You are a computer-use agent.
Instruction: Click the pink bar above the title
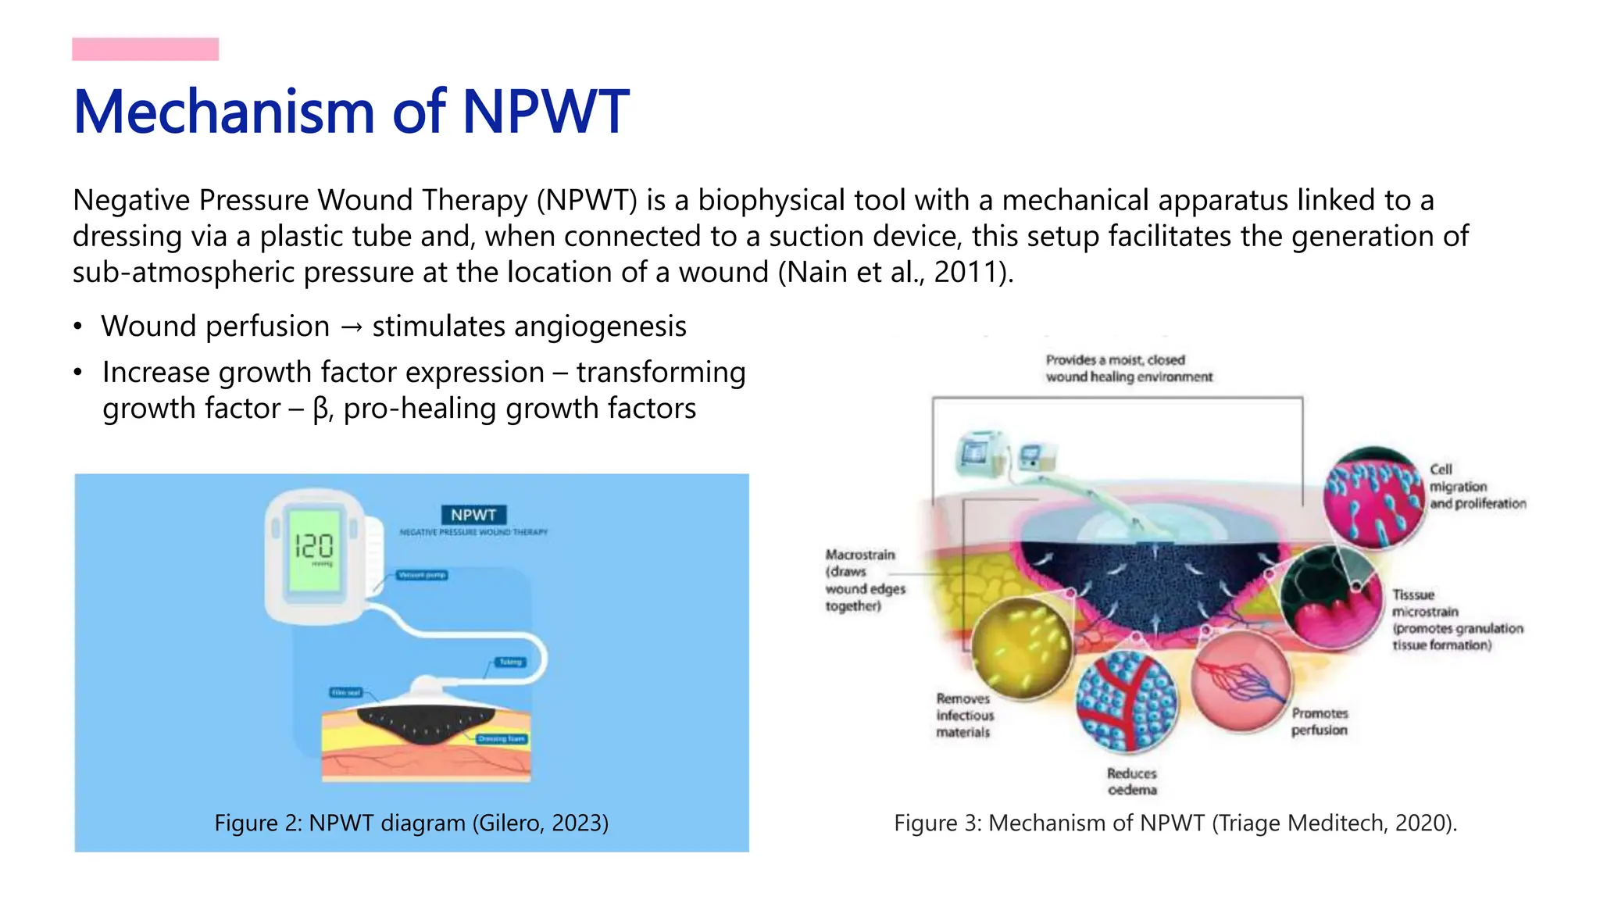point(145,49)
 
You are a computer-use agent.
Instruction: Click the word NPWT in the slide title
point(545,112)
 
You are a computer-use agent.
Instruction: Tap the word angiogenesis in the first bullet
point(529,327)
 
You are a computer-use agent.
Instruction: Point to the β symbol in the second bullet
point(320,409)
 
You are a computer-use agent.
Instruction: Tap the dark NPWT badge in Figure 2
point(473,515)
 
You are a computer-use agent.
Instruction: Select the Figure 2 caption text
point(411,823)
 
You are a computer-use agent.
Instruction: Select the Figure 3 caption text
point(1175,823)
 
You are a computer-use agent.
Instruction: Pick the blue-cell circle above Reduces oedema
point(1127,701)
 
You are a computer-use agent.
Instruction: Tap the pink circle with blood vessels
point(1241,681)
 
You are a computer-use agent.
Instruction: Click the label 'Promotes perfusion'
point(1320,722)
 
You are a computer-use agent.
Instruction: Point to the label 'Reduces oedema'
point(1132,781)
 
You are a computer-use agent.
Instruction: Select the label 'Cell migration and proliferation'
point(1477,487)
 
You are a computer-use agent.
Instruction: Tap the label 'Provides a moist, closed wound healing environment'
point(1129,369)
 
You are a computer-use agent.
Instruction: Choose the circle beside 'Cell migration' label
point(1374,498)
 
